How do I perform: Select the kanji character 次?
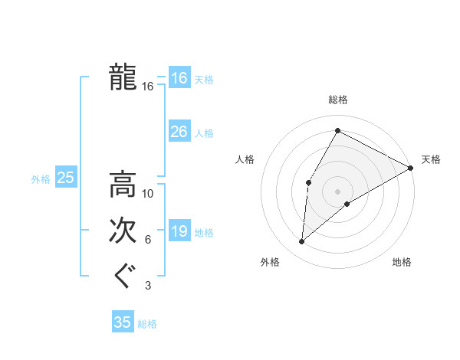(x=123, y=230)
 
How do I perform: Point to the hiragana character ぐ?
(x=123, y=275)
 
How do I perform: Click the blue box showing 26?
(x=179, y=132)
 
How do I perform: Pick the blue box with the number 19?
(x=179, y=232)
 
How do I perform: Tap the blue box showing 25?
(x=66, y=178)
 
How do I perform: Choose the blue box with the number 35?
(x=123, y=322)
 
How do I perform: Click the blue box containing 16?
(x=179, y=78)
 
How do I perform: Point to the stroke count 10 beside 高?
(x=148, y=194)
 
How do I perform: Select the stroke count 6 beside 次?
(x=148, y=240)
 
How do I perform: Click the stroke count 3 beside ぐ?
(x=148, y=286)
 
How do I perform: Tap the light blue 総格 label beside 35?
(x=147, y=324)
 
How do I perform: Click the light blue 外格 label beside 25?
(x=41, y=179)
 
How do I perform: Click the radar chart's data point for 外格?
(x=302, y=242)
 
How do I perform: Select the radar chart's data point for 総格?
(x=337, y=130)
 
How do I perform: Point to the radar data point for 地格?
(x=347, y=204)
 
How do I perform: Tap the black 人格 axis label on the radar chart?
(x=246, y=159)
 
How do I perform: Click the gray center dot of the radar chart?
(x=337, y=191)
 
